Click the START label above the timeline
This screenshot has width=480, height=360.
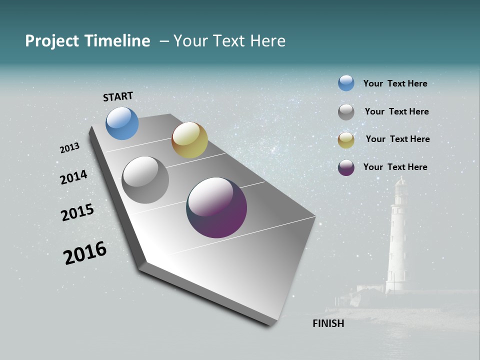click(x=118, y=96)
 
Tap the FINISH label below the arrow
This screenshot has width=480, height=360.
click(x=328, y=323)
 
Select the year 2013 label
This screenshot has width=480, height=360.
click(x=70, y=148)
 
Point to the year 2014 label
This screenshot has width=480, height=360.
click(x=73, y=177)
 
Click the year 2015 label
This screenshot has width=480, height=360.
click(x=77, y=212)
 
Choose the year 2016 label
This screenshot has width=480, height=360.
click(x=85, y=253)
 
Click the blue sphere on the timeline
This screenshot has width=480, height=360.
click(x=122, y=123)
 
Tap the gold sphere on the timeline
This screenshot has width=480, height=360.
click(x=189, y=140)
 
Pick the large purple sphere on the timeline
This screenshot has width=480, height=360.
click(x=216, y=207)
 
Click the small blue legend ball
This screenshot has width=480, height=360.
click(x=346, y=83)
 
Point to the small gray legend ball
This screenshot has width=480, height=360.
click(x=346, y=112)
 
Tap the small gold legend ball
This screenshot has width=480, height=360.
click(x=346, y=140)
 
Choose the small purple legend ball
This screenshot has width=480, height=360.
click(x=346, y=167)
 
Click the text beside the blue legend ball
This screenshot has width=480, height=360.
click(x=395, y=83)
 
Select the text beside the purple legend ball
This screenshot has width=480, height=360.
click(x=395, y=167)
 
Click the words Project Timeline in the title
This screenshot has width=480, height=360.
click(x=87, y=41)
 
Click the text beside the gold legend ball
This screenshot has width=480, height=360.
click(x=397, y=139)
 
